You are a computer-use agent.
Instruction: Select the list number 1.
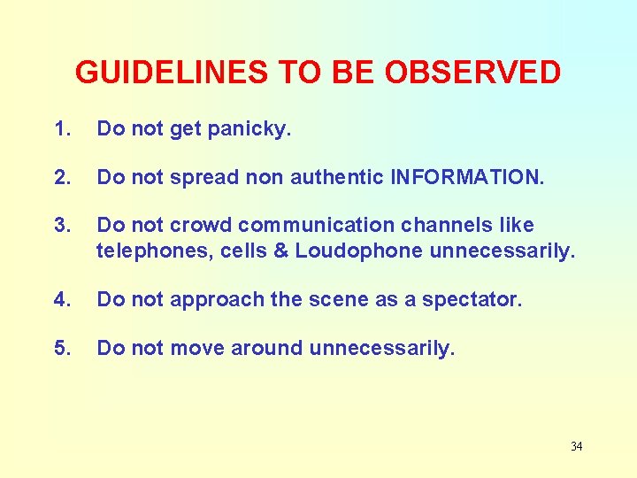61,129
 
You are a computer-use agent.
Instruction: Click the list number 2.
61,177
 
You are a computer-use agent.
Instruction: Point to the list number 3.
61,225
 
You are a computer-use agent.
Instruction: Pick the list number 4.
61,299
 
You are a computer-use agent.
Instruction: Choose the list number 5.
61,348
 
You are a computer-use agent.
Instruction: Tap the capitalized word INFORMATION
467,177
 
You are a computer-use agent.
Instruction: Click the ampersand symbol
280,251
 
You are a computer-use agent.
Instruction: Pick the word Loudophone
359,251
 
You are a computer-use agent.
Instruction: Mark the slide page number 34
576,446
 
